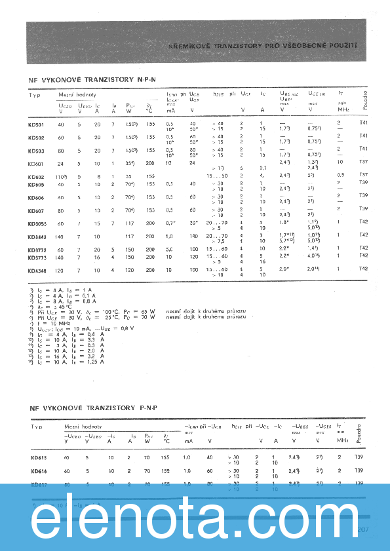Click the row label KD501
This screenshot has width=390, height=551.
tap(36, 124)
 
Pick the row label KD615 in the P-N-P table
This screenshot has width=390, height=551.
tap(38, 457)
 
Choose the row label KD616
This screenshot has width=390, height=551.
tap(38, 470)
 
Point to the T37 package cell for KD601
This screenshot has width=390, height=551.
tap(364, 161)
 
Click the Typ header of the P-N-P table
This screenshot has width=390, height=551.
tap(36, 427)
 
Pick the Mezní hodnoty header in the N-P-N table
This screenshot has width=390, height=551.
tap(77, 95)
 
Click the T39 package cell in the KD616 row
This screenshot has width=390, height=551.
tap(359, 470)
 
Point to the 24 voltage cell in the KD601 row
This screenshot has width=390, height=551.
tap(61, 162)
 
